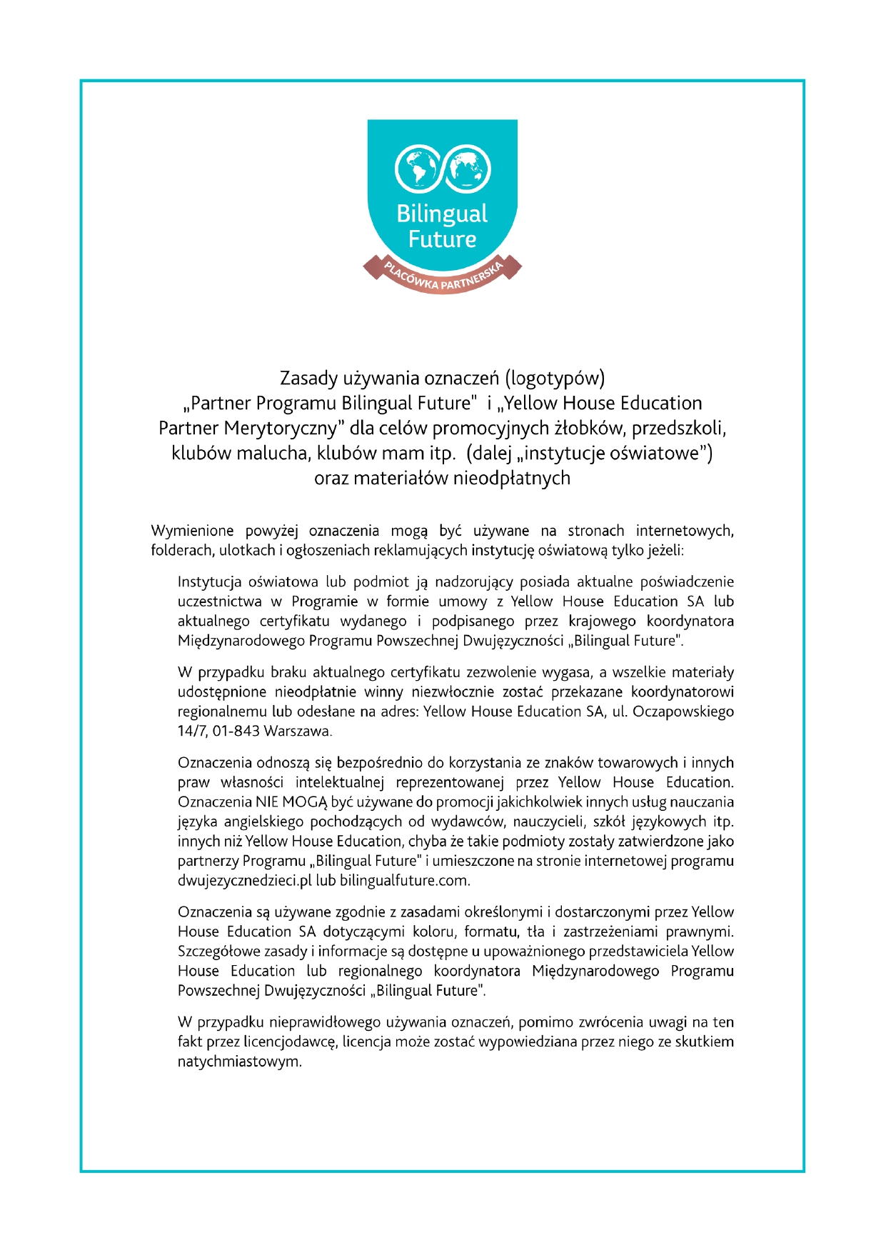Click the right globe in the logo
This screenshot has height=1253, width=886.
(x=468, y=169)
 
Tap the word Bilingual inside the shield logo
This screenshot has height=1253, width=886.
(x=442, y=214)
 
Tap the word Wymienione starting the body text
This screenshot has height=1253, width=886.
(x=192, y=531)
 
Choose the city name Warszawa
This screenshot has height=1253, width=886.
(x=298, y=731)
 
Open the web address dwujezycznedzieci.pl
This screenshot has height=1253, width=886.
(x=245, y=880)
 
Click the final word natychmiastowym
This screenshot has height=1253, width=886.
(x=239, y=1062)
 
